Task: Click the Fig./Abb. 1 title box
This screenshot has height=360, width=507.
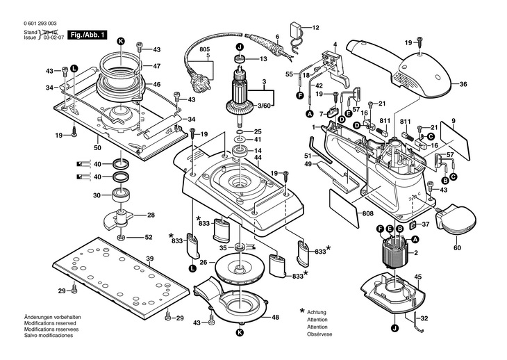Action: click(x=87, y=35)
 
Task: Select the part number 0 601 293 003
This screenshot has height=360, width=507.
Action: click(x=40, y=24)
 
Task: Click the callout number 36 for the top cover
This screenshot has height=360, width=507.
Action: click(x=463, y=84)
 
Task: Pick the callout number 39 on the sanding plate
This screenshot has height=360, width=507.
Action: click(x=149, y=259)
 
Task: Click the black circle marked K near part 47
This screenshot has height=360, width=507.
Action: click(x=121, y=41)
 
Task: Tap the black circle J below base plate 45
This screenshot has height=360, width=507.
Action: click(x=394, y=329)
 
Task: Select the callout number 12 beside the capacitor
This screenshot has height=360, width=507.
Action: click(x=315, y=28)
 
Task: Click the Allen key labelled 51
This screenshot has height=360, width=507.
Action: click(x=320, y=149)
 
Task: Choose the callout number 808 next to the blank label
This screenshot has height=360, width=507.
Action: click(x=368, y=213)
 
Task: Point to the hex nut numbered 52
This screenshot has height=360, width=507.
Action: click(x=122, y=238)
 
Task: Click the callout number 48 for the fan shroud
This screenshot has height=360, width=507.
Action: click(x=275, y=318)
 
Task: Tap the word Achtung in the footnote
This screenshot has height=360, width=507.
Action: click(x=317, y=313)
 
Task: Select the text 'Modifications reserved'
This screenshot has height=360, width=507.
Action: click(x=50, y=323)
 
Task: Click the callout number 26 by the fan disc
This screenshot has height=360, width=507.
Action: click(x=203, y=262)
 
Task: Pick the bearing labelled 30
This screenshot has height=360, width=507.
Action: click(x=120, y=195)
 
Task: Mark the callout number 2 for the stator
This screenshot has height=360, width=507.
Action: click(x=416, y=253)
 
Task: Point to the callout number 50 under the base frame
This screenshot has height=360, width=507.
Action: click(x=97, y=148)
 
